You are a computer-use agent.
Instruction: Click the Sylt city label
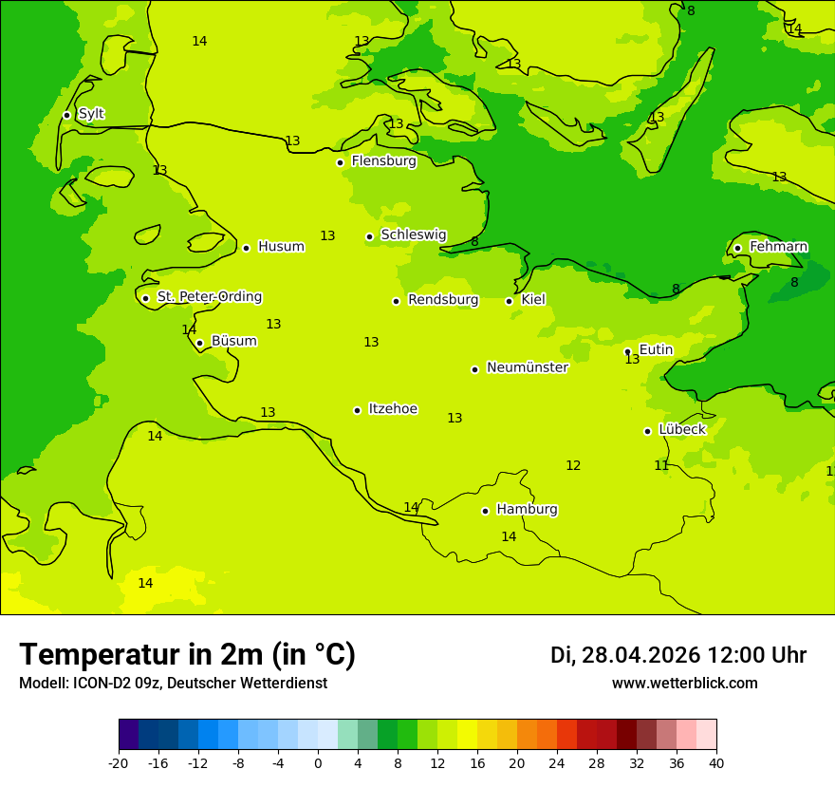pyautogui.click(x=91, y=114)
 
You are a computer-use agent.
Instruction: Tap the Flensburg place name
pyautogui.click(x=383, y=161)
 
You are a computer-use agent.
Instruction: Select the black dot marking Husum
pyautogui.click(x=246, y=248)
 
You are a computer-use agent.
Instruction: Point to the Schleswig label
pyautogui.click(x=413, y=235)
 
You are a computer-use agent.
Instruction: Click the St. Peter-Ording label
pyautogui.click(x=209, y=297)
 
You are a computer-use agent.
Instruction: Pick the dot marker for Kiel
pyautogui.click(x=509, y=301)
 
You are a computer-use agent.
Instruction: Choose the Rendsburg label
pyautogui.click(x=443, y=300)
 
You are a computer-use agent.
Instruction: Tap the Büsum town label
pyautogui.click(x=233, y=341)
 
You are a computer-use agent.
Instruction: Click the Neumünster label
pyautogui.click(x=527, y=367)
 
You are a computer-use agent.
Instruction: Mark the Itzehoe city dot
pyautogui.click(x=357, y=410)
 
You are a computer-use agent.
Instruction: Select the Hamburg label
pyautogui.click(x=527, y=509)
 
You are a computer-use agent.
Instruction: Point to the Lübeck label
pyautogui.click(x=681, y=429)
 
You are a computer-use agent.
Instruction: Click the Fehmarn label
pyautogui.click(x=778, y=247)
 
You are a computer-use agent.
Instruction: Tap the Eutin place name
pyautogui.click(x=656, y=349)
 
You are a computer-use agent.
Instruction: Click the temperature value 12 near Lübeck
pyautogui.click(x=573, y=465)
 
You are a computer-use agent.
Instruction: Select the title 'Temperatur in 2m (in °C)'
pyautogui.click(x=187, y=655)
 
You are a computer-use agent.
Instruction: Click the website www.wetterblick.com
pyautogui.click(x=684, y=684)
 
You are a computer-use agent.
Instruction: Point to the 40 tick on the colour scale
pyautogui.click(x=716, y=762)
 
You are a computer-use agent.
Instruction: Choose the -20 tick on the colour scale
pyautogui.click(x=119, y=762)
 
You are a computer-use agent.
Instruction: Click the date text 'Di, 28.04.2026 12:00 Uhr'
pyautogui.click(x=677, y=655)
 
